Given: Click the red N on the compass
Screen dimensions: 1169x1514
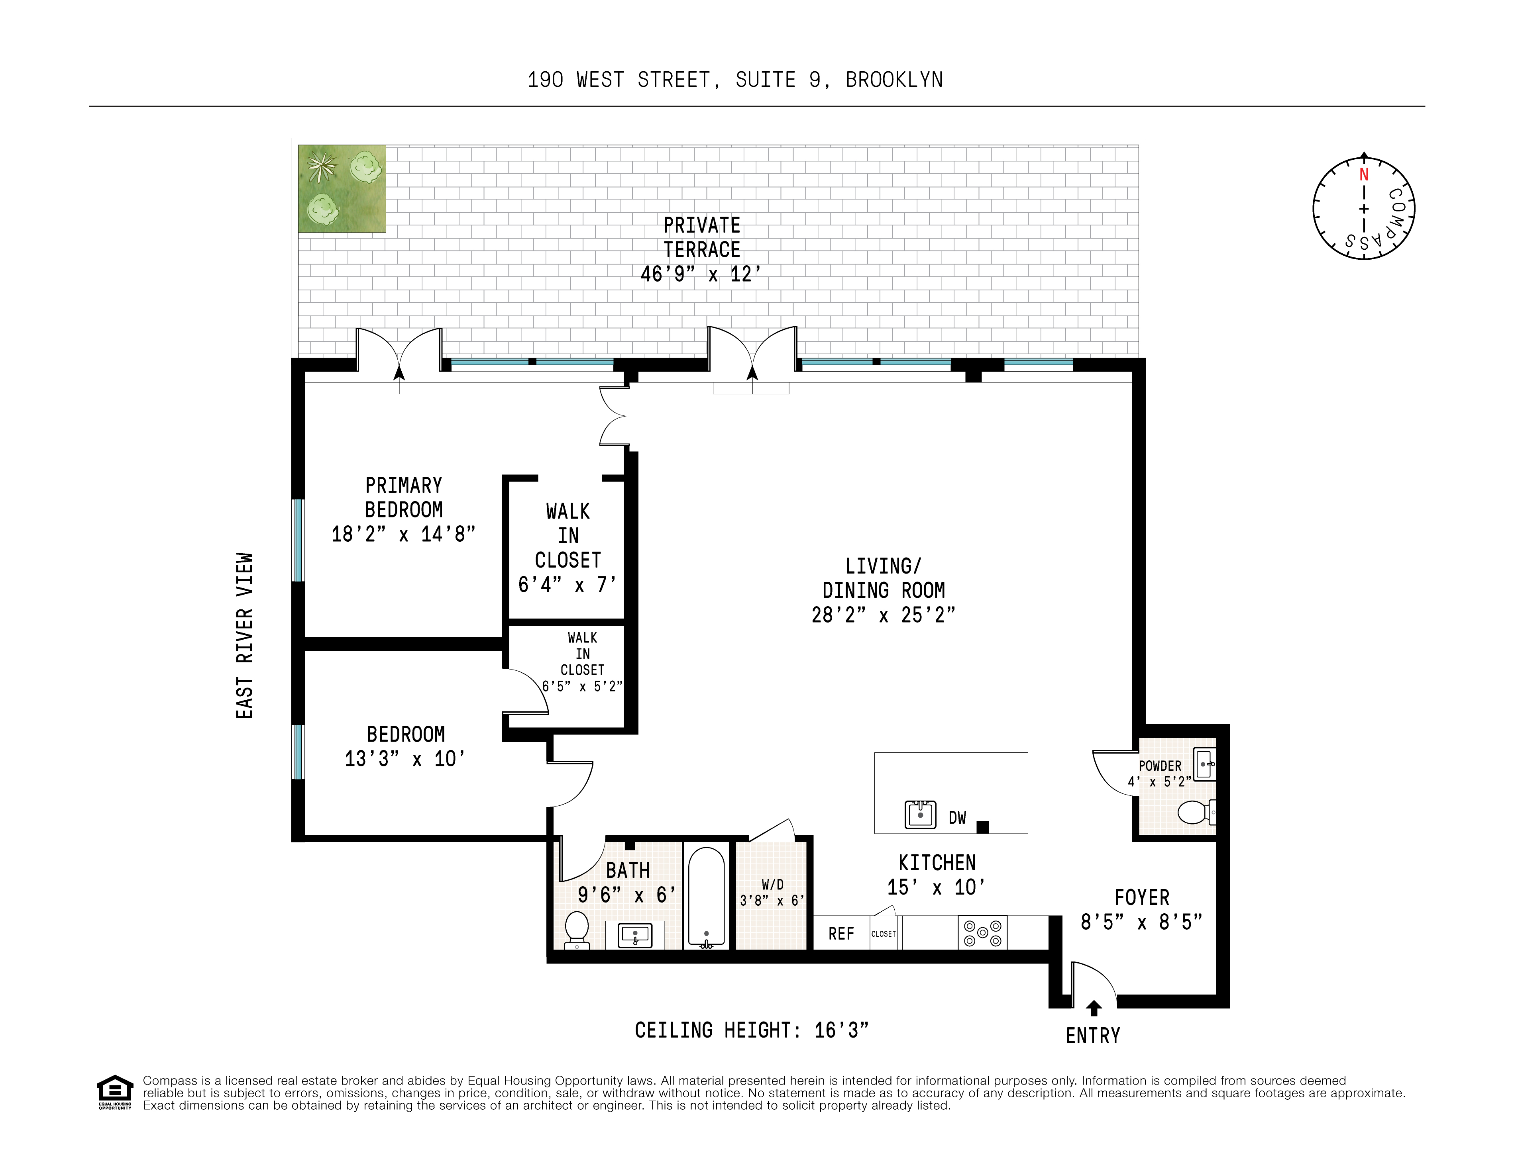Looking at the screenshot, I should (1364, 174).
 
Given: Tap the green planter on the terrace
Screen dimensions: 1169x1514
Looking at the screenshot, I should (342, 188).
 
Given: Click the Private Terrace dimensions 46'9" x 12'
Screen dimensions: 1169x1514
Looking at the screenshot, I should (701, 274).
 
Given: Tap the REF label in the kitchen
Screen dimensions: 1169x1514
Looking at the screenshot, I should (841, 933).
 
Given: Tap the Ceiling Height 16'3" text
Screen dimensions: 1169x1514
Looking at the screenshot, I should (752, 1030).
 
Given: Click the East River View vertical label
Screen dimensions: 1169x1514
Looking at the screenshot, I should (245, 635).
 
